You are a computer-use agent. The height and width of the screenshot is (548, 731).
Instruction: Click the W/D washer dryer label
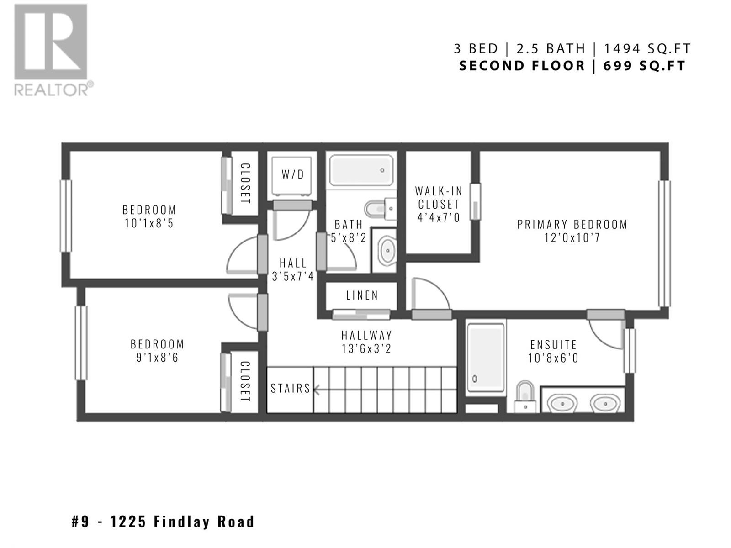pos(292,174)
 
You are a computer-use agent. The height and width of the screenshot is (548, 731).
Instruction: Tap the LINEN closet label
pos(362,295)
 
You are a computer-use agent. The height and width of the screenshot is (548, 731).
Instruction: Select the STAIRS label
pos(291,388)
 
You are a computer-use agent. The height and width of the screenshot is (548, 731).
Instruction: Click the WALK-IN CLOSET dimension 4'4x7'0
pos(439,218)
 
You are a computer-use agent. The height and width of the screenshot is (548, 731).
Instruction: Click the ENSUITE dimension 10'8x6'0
pos(553,358)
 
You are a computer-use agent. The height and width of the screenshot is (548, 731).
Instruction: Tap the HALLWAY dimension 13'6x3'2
pos(366,349)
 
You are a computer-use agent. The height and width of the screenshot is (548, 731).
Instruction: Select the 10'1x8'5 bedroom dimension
pos(149,223)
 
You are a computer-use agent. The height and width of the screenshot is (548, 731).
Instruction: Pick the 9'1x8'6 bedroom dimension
pos(157,358)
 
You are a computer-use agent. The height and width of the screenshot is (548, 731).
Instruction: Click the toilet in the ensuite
pos(525,396)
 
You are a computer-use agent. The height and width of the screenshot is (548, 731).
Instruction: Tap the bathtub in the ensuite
pos(485,358)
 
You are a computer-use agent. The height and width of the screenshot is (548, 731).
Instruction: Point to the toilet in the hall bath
pos(380,209)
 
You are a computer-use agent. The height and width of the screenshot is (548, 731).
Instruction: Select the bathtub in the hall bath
pos(361,170)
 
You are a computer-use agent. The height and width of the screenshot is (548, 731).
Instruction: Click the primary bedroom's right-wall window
pos(664,243)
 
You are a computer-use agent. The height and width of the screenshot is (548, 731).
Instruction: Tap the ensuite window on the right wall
pos(630,351)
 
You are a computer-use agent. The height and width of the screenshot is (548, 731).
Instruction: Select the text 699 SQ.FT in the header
pos(644,66)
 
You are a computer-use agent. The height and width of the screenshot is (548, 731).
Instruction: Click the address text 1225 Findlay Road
pos(182,522)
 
